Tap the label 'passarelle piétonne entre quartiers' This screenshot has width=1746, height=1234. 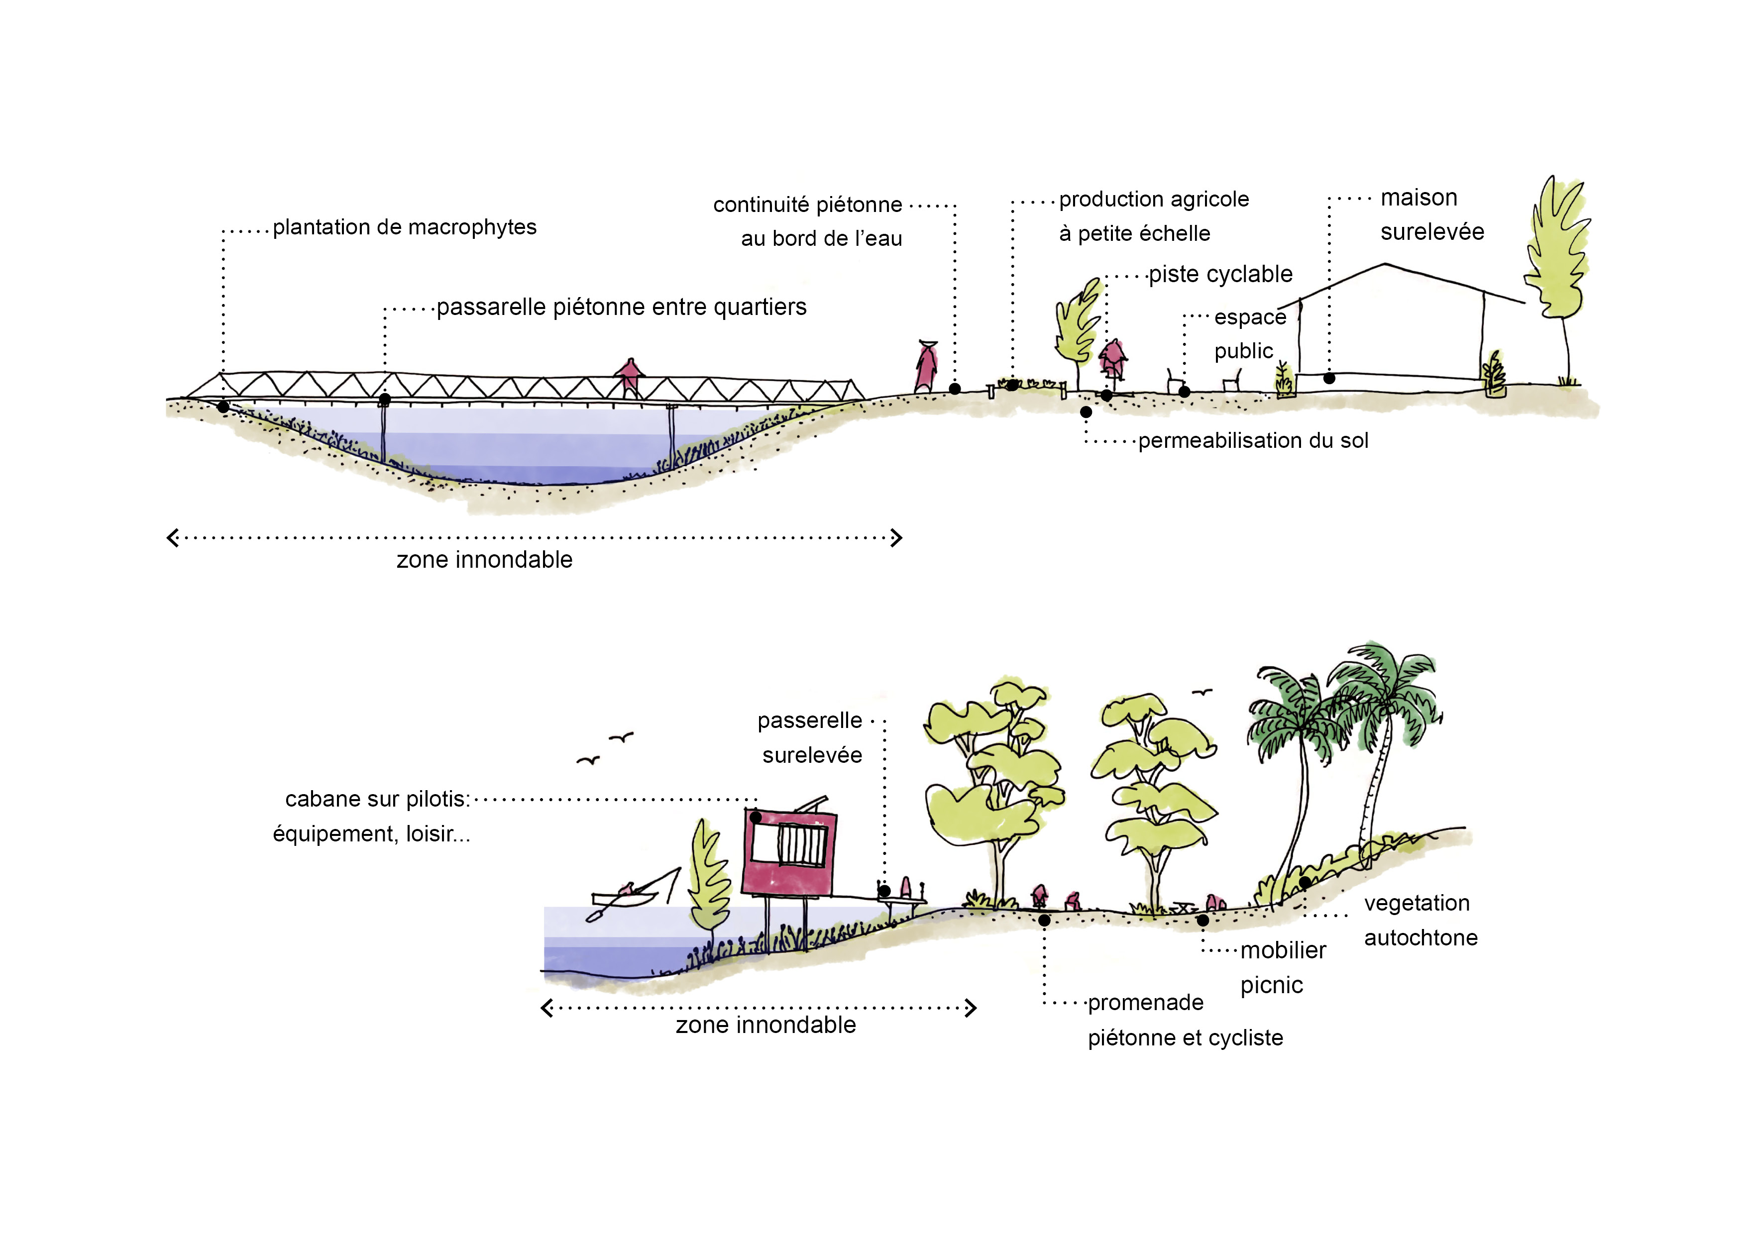coord(621,307)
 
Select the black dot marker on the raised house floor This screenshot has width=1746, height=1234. coord(1329,378)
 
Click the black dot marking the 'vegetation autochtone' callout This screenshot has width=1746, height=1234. coord(1304,882)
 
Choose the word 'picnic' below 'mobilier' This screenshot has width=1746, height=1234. coord(1272,985)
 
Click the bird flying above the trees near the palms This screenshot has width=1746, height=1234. coord(1201,692)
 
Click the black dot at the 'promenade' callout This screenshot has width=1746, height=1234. coord(1044,920)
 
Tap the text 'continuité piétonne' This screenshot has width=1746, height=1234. coord(807,205)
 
